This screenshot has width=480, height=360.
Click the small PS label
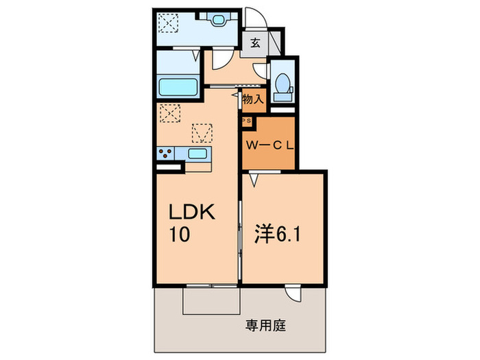pos(246,121)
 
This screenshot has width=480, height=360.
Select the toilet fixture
pos(281,86)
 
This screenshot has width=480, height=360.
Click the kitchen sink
pos(198,154)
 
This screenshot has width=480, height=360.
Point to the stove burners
pos(166,154)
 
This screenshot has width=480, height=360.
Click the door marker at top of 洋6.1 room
pos(253,180)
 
